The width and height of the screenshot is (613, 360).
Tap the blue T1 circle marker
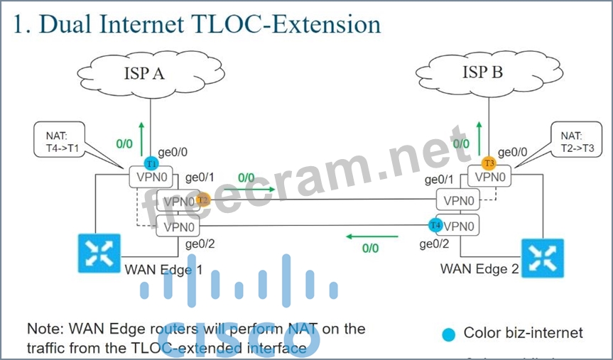pyautogui.click(x=151, y=163)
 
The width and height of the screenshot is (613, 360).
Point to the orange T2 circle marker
pyautogui.click(x=202, y=200)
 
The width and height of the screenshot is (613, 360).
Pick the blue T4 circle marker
pyautogui.click(x=435, y=225)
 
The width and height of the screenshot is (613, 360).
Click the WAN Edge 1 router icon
pyautogui.click(x=99, y=253)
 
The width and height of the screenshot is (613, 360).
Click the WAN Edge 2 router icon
pyautogui.click(x=542, y=258)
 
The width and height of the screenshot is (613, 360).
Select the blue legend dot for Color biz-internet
pyautogui.click(x=448, y=333)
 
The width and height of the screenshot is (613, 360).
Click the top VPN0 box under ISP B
pyautogui.click(x=490, y=177)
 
